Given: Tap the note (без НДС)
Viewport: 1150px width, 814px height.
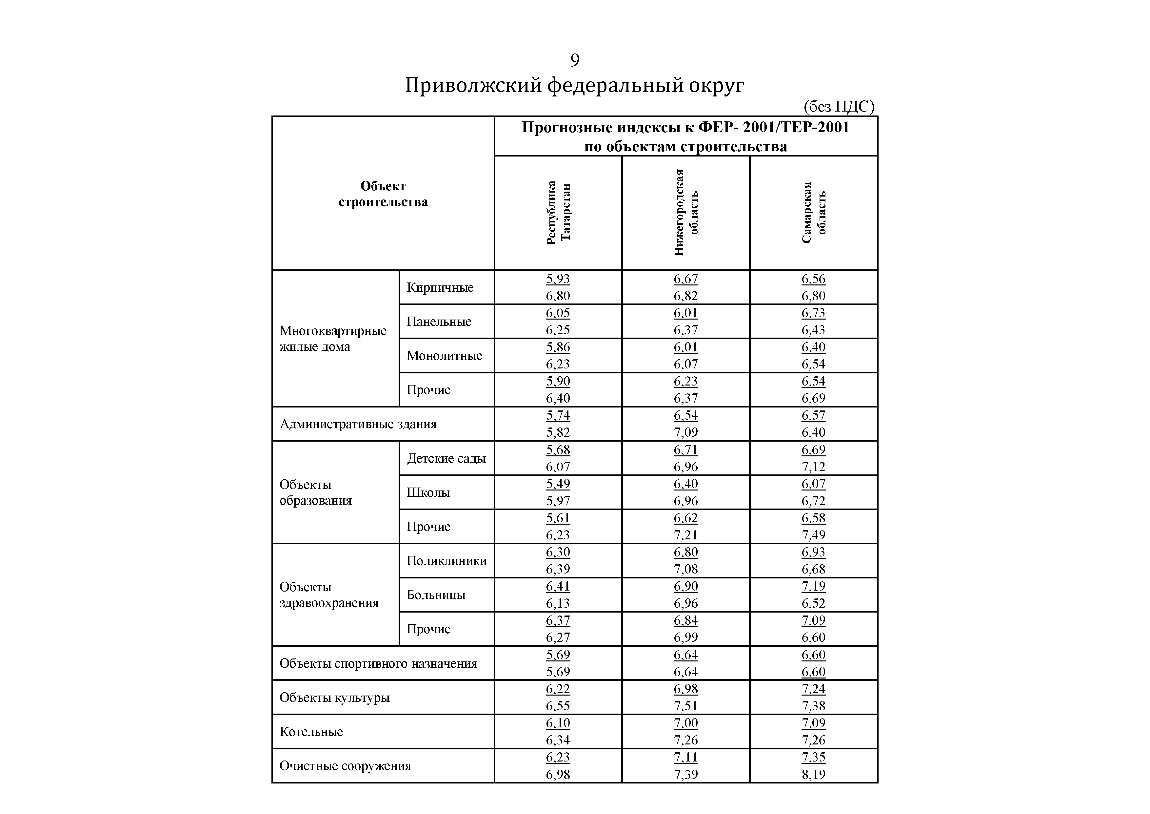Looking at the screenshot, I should [x=839, y=106].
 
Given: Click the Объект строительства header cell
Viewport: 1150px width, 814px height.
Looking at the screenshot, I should [x=383, y=194].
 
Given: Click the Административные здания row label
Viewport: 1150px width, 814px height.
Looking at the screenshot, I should [x=358, y=424].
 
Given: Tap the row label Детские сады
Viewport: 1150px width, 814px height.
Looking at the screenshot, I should [x=446, y=458].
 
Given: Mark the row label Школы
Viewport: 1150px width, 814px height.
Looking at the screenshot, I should [x=428, y=492].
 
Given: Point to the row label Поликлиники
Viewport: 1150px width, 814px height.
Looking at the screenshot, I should [x=446, y=560].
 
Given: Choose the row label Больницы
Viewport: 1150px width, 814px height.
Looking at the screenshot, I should [x=436, y=595].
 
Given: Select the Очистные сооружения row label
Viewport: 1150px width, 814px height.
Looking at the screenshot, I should [x=345, y=766].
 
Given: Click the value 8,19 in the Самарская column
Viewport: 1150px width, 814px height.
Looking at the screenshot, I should [x=813, y=774].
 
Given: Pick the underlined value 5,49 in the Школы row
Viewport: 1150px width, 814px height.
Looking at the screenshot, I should [x=558, y=484].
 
